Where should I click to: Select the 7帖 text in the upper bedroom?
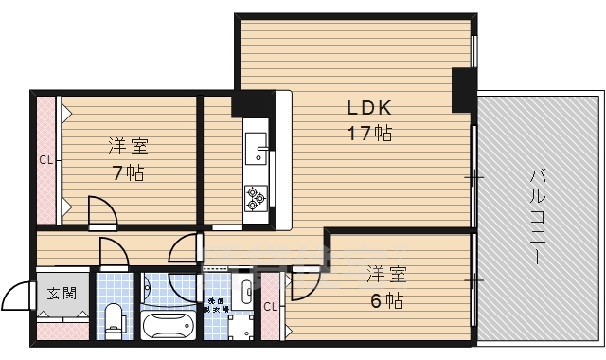pos(128,173)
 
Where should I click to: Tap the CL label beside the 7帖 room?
pos(45,159)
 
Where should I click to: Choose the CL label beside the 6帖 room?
pos(271,306)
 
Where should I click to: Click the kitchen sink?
pos(257,149)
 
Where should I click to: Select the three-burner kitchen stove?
pos(257,197)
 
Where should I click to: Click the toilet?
pos(115,319)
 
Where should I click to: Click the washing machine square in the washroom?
pos(242,327)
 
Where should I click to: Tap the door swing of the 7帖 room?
pos(100,209)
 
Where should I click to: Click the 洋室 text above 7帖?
pos(128,147)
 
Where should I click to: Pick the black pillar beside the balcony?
pos(464,90)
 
